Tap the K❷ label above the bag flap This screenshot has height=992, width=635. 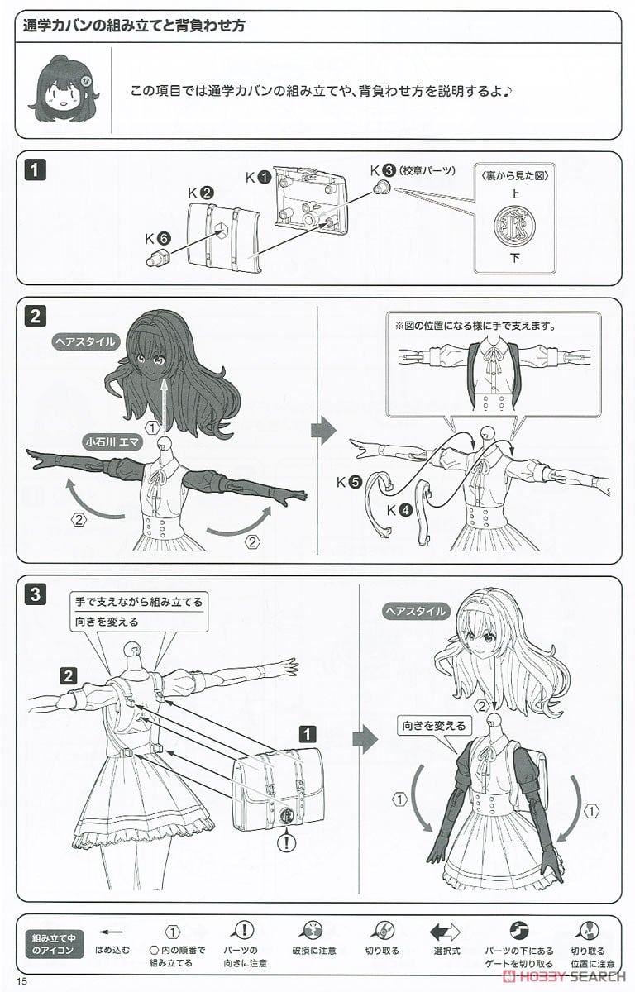click(x=201, y=193)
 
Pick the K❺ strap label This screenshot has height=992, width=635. click(x=350, y=482)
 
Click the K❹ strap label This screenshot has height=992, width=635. click(x=399, y=510)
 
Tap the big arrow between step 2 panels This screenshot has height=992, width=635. click(x=323, y=430)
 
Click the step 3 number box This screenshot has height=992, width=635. click(x=34, y=592)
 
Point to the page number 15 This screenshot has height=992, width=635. click(x=21, y=980)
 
